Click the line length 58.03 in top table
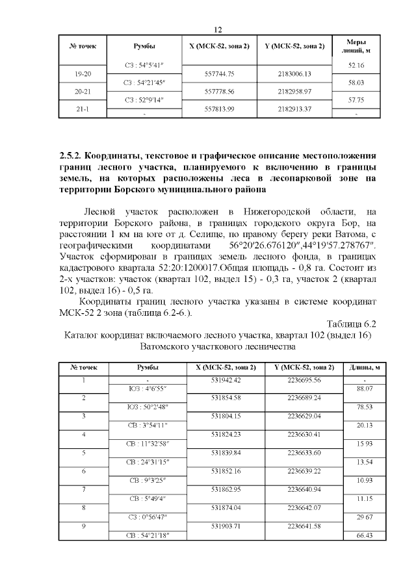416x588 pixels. point(356,83)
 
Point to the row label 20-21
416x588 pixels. point(83,92)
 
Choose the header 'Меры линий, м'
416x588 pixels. point(356,47)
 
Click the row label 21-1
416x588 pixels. point(83,109)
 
